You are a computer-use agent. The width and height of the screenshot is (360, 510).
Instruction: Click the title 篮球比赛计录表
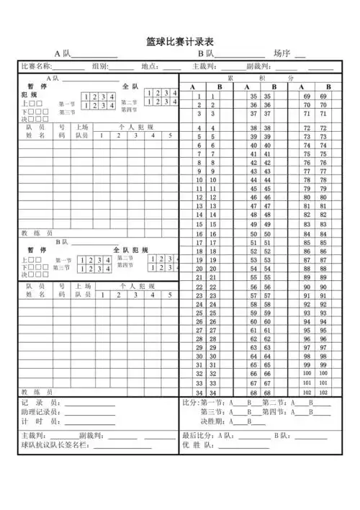point(179,42)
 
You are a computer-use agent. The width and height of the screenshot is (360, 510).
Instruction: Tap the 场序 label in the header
point(282,53)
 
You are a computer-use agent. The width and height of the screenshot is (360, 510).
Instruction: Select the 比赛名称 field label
point(36,66)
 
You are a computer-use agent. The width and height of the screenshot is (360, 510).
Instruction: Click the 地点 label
point(150,66)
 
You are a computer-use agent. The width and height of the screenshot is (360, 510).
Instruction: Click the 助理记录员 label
point(42,412)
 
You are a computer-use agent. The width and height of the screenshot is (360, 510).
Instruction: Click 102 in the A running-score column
point(307,393)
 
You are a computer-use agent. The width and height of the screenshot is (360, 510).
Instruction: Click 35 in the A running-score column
point(253,96)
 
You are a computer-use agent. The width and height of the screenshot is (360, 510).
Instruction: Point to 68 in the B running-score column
point(267,393)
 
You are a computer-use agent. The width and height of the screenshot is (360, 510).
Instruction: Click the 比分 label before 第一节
point(190,403)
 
